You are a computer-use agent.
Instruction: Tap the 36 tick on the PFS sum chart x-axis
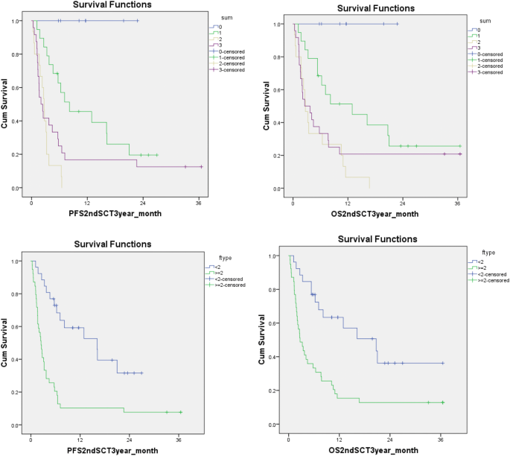coord(199,201)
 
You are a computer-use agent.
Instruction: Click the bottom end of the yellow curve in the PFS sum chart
coord(62,187)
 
